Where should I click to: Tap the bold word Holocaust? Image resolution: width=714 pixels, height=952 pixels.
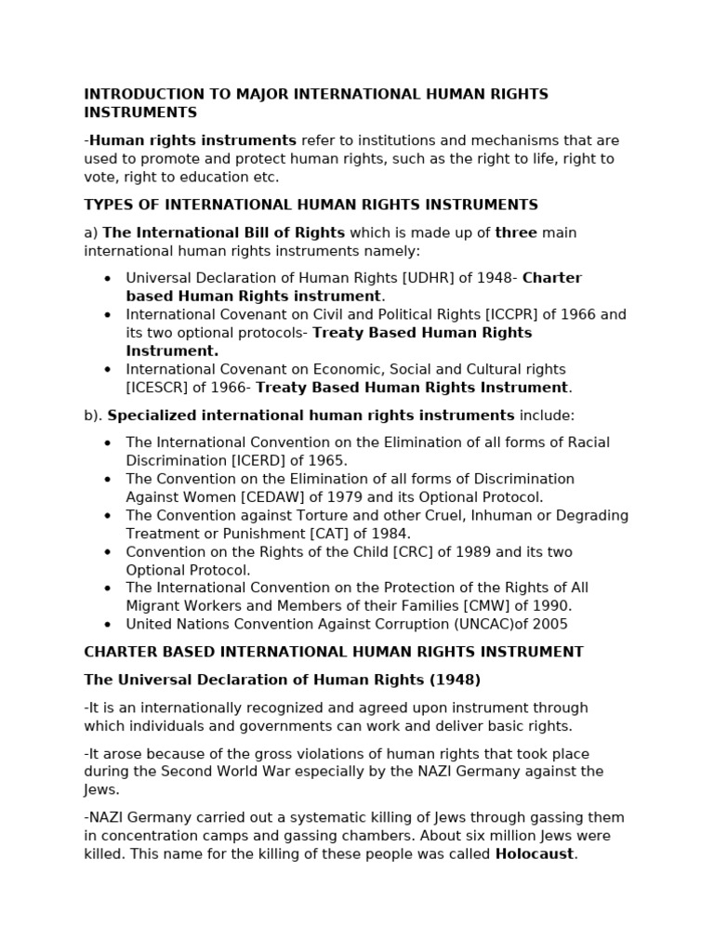pyautogui.click(x=535, y=854)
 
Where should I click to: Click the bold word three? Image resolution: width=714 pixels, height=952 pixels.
pyautogui.click(x=516, y=232)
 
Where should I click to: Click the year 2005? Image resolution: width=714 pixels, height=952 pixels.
pyautogui.click(x=550, y=625)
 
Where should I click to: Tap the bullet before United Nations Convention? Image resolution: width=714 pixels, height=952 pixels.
pyautogui.click(x=108, y=625)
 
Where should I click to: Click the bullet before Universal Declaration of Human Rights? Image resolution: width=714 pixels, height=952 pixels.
pyautogui.click(x=108, y=279)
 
